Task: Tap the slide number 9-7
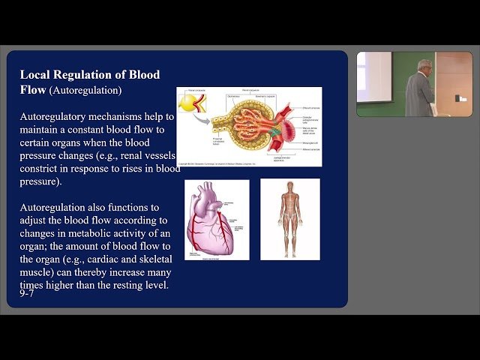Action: tap(27, 293)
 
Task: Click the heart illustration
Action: tap(216, 220)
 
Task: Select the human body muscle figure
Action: tap(289, 219)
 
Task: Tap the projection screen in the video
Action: tap(374, 77)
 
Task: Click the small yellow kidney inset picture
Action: tap(193, 106)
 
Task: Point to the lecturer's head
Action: tap(424, 65)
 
